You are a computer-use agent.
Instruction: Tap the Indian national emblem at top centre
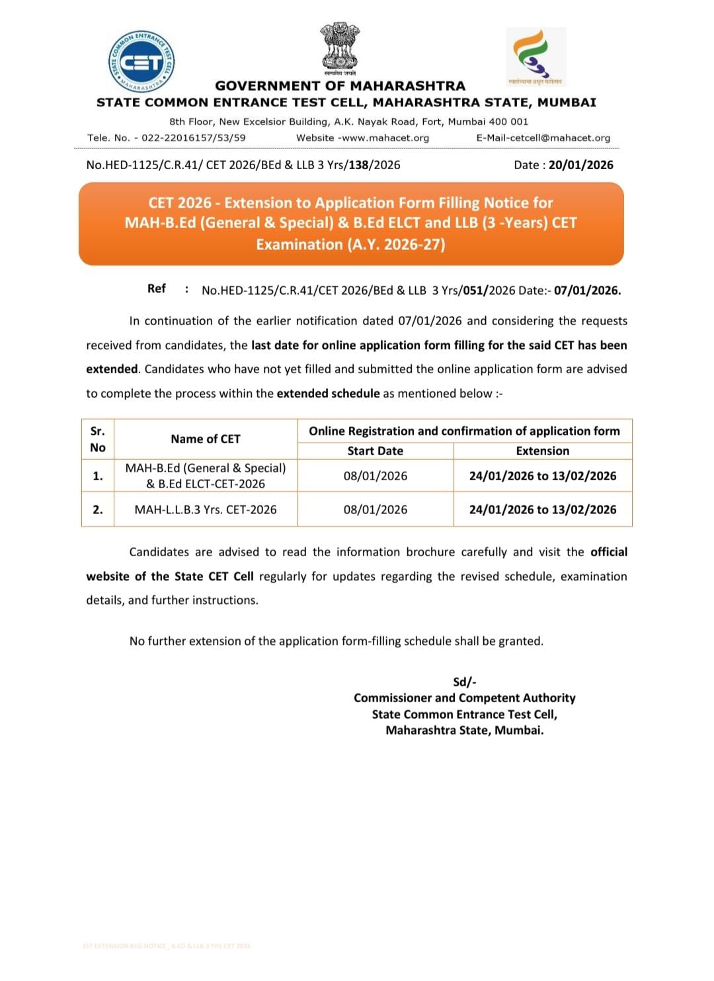click(340, 49)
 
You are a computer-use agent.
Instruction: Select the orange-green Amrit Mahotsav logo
click(535, 57)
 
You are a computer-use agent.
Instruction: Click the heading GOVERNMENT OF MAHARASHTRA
click(340, 86)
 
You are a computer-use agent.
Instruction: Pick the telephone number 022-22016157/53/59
click(193, 138)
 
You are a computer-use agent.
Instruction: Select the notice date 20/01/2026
click(580, 165)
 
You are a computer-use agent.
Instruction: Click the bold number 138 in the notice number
click(358, 165)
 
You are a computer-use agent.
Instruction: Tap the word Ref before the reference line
click(157, 289)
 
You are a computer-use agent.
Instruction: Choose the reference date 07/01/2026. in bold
click(587, 290)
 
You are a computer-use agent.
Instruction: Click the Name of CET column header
click(206, 439)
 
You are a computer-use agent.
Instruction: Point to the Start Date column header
click(375, 451)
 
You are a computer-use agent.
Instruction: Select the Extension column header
click(542, 451)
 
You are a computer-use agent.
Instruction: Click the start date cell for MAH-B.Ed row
click(375, 476)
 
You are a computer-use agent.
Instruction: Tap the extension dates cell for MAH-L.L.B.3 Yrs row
click(542, 509)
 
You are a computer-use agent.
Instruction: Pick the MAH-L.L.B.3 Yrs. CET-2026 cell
click(206, 509)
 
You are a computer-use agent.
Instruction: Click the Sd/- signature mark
click(464, 682)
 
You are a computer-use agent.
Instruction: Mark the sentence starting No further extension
click(336, 641)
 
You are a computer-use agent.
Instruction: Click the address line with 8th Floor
click(348, 122)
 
